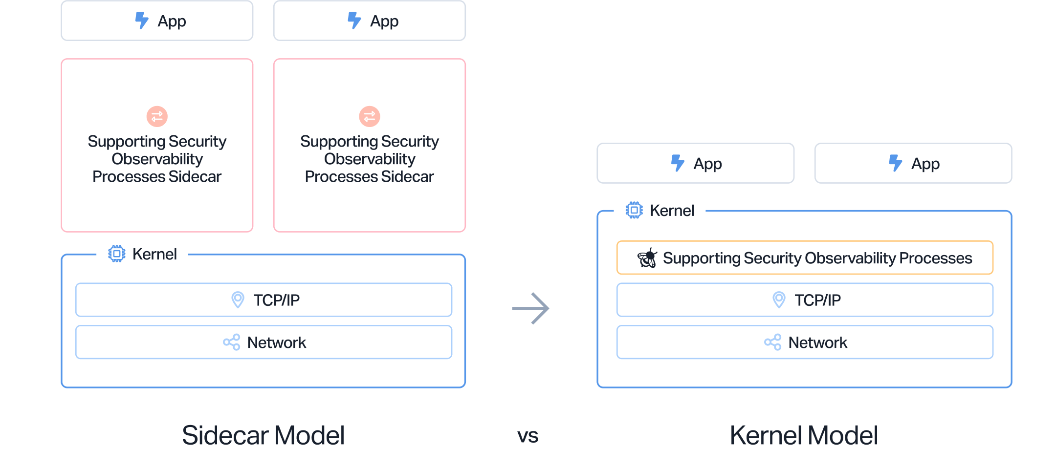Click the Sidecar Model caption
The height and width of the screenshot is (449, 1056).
[x=263, y=434]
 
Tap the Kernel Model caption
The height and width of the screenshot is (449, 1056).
[x=804, y=434]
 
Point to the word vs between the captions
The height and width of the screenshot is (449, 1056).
[x=528, y=435]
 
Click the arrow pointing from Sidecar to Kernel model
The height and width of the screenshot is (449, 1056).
[x=530, y=308]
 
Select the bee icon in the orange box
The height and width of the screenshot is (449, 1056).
[x=647, y=258]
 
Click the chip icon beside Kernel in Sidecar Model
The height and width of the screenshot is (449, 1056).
[x=117, y=254]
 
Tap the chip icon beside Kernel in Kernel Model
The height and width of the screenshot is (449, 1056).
[x=634, y=211]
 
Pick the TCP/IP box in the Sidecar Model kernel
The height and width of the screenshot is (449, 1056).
[x=264, y=300]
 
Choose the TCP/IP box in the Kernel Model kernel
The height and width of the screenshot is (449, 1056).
[x=805, y=300]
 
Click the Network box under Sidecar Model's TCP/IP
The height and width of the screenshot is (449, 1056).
[x=264, y=342]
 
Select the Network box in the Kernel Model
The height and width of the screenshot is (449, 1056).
[x=805, y=342]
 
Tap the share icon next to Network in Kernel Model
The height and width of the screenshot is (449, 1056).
[x=772, y=342]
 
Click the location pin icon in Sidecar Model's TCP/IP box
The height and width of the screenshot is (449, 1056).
[x=238, y=299]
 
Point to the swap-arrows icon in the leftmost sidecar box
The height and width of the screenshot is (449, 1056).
[x=157, y=116]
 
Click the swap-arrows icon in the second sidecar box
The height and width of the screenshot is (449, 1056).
[x=370, y=116]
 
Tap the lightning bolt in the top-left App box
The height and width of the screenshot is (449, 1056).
[x=142, y=21]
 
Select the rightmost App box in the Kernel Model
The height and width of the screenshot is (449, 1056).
[x=913, y=163]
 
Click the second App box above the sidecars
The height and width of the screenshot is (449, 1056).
[x=370, y=21]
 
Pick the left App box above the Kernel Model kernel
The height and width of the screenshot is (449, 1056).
[x=695, y=163]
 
